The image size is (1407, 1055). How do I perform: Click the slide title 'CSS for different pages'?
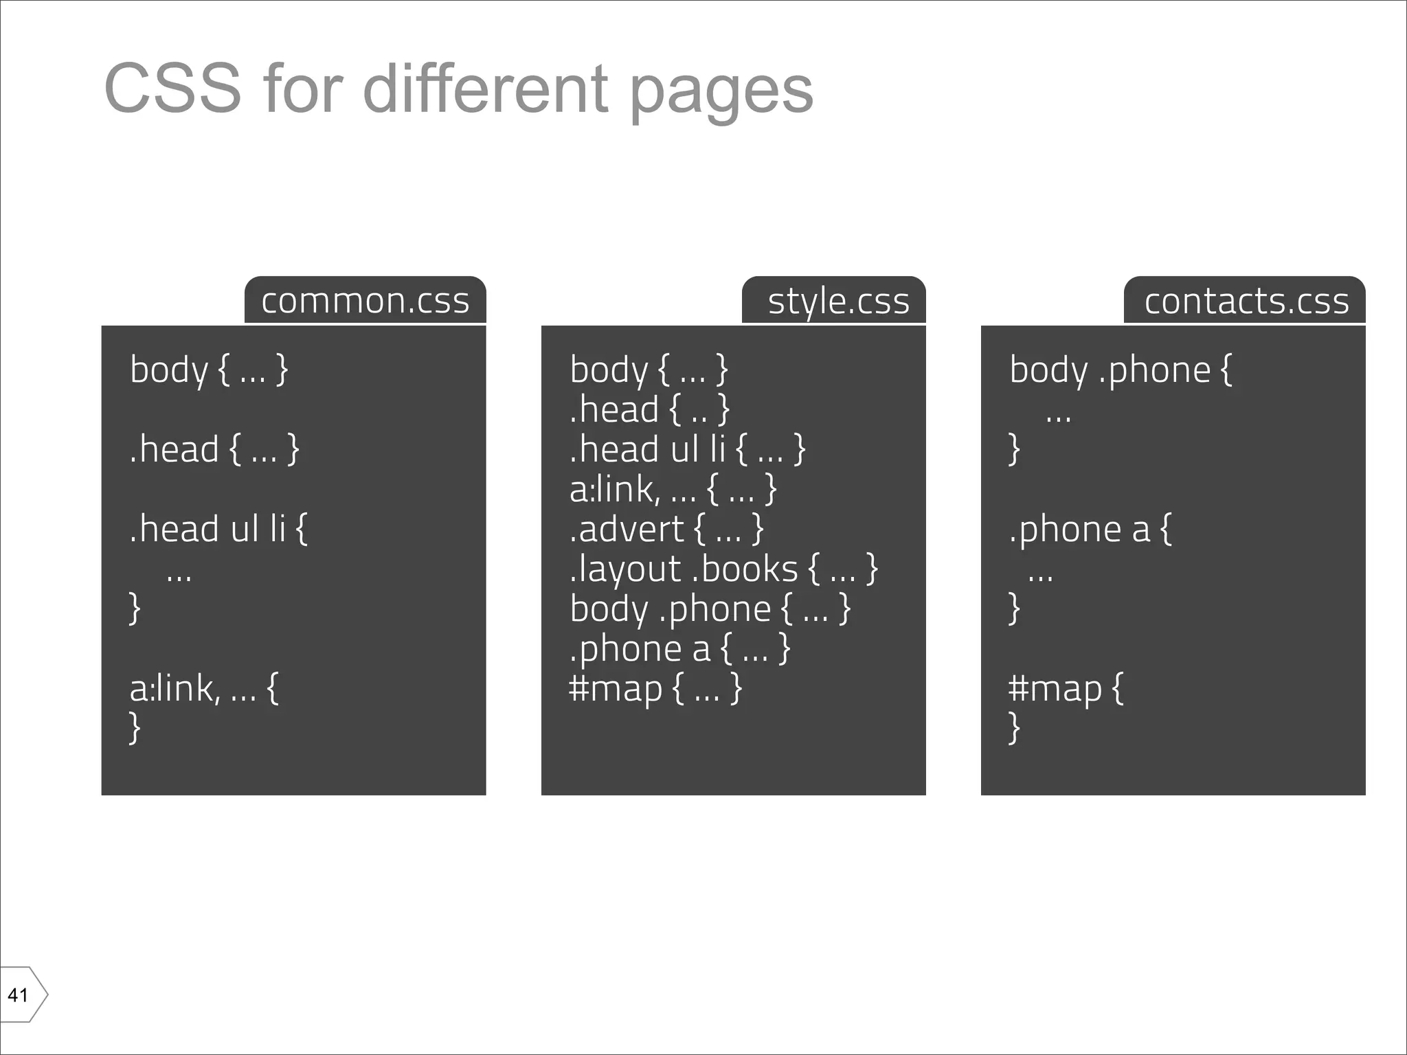458,89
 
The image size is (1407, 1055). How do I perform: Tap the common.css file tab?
365,301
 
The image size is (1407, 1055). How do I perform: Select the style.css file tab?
838,301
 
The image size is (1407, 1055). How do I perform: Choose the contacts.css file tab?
1246,301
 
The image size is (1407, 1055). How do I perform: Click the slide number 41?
19,995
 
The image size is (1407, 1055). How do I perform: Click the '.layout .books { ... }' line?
723,569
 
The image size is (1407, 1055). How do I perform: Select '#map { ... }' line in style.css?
655,688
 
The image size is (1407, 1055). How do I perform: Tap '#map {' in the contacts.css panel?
1066,688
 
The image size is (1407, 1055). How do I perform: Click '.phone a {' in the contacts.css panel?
1090,529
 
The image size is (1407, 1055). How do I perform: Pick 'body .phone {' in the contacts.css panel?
1121,370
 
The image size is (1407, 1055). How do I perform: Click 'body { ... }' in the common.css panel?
209,370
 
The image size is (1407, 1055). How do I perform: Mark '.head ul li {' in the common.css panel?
218,529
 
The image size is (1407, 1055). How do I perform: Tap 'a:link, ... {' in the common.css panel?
204,688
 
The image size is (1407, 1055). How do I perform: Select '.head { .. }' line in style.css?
649,409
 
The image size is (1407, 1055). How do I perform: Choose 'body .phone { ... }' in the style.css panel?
710,609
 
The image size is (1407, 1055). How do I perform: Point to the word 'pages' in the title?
721,91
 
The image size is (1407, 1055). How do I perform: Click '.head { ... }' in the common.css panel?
214,449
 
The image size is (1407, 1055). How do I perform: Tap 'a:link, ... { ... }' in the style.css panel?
673,489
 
